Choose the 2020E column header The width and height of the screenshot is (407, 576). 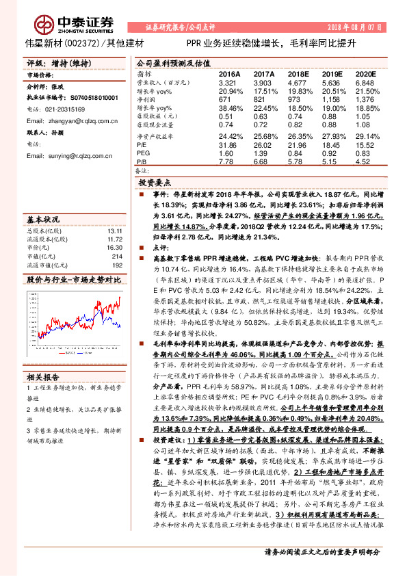tap(367, 73)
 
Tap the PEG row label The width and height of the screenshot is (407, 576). tap(143, 154)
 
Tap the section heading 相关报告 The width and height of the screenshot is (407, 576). tap(42, 377)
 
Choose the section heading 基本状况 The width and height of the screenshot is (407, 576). tap(42, 220)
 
